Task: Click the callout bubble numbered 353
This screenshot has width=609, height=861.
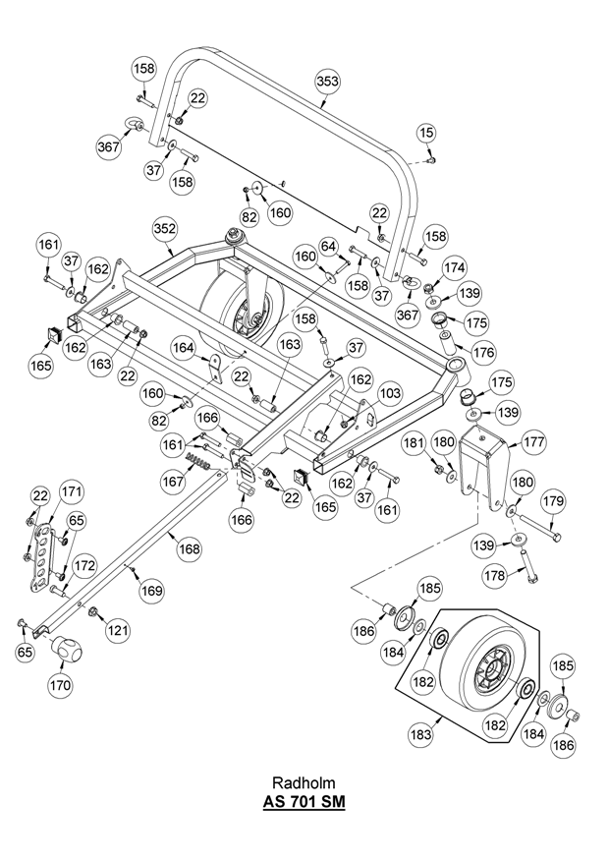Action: coord(326,85)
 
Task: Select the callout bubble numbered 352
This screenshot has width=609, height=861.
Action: coord(165,228)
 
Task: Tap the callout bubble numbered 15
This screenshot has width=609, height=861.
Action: coord(425,131)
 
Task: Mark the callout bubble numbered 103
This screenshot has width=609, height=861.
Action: coord(390,393)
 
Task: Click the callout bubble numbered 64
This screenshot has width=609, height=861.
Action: coord(327,246)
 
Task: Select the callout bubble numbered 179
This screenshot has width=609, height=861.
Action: coord(553,502)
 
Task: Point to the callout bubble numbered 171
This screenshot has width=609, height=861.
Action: coord(72,490)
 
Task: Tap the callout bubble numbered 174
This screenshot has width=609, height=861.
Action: coord(454,267)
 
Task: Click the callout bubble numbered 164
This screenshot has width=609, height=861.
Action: coord(184,347)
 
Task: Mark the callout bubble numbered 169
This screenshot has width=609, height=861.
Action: coord(150,591)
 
